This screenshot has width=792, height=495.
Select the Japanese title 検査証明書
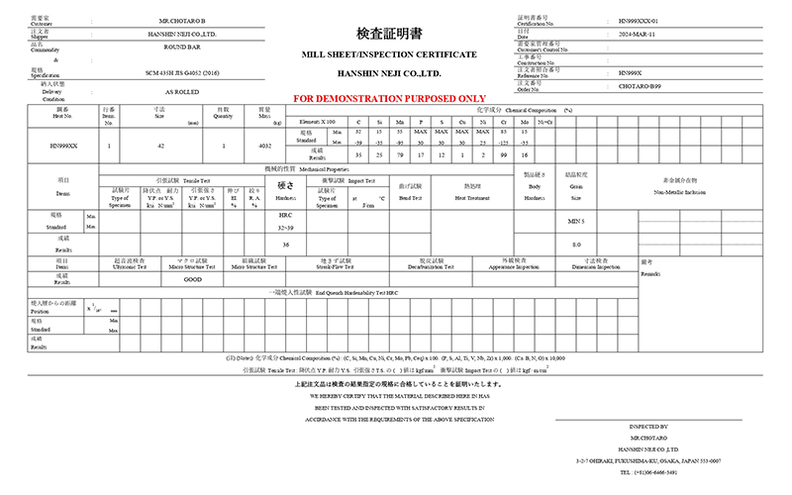coord(395,33)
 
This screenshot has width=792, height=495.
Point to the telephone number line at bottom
coord(663,472)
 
